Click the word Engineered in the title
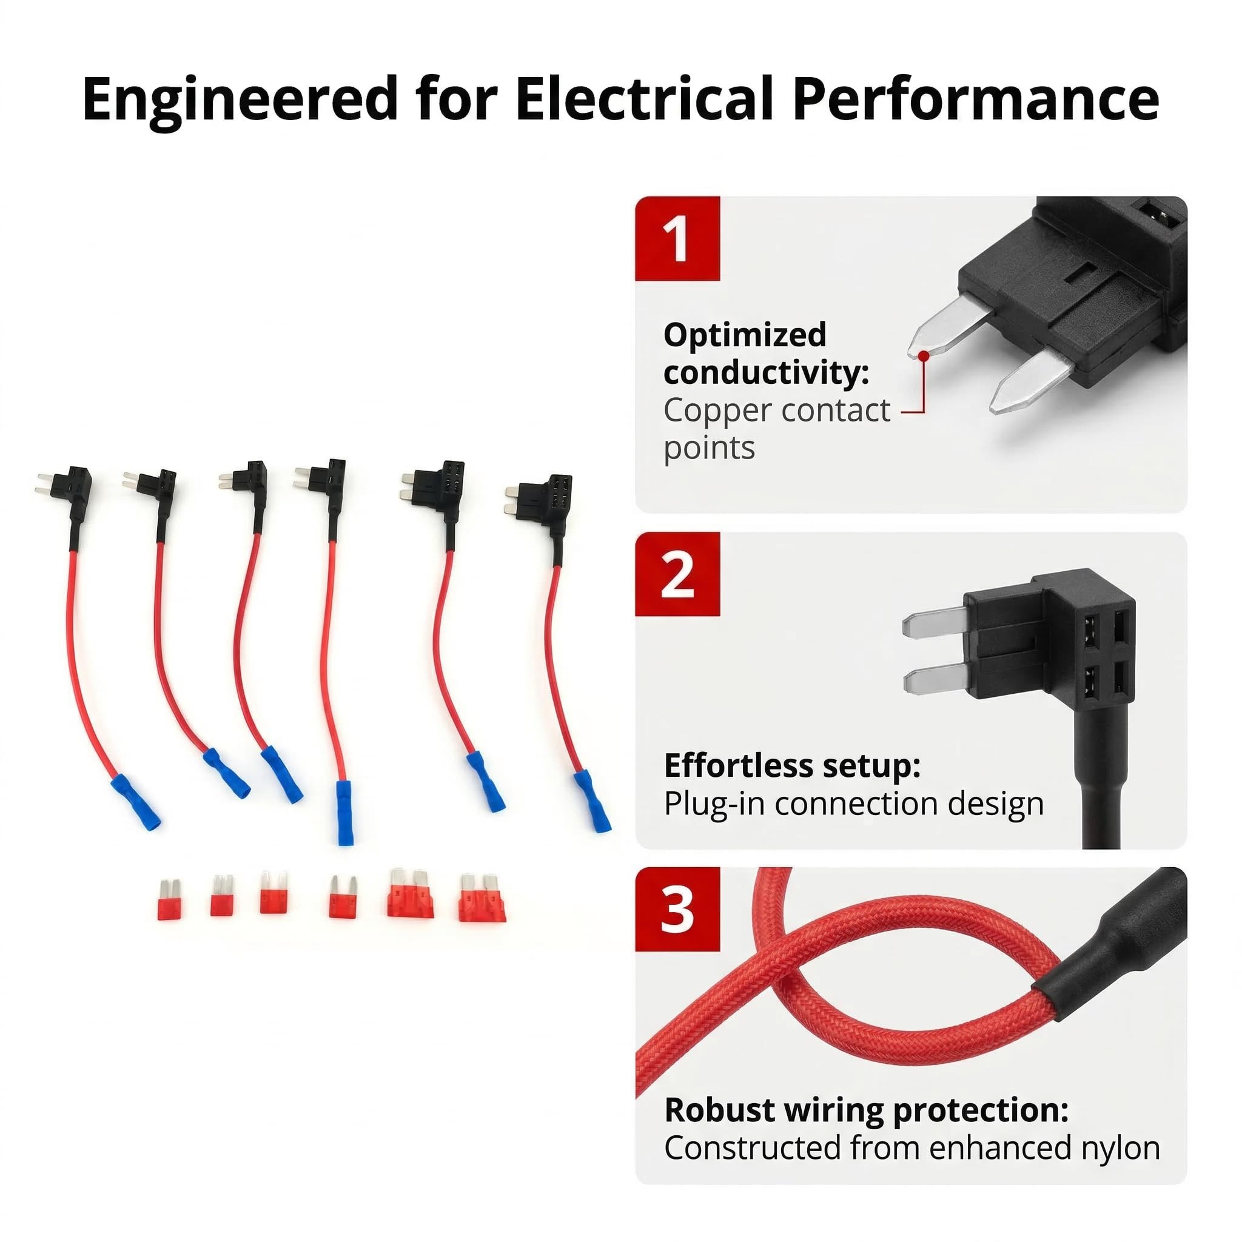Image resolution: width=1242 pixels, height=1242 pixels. [x=240, y=99]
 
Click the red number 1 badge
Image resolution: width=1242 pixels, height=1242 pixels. [x=677, y=238]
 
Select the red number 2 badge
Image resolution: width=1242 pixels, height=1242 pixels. [x=677, y=574]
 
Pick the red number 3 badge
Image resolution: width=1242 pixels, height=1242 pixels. [x=677, y=910]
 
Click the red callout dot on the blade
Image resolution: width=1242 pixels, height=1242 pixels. [x=924, y=355]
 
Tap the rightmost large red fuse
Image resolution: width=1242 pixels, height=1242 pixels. [x=482, y=898]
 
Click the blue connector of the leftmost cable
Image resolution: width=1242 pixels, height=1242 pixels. [x=135, y=802]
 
